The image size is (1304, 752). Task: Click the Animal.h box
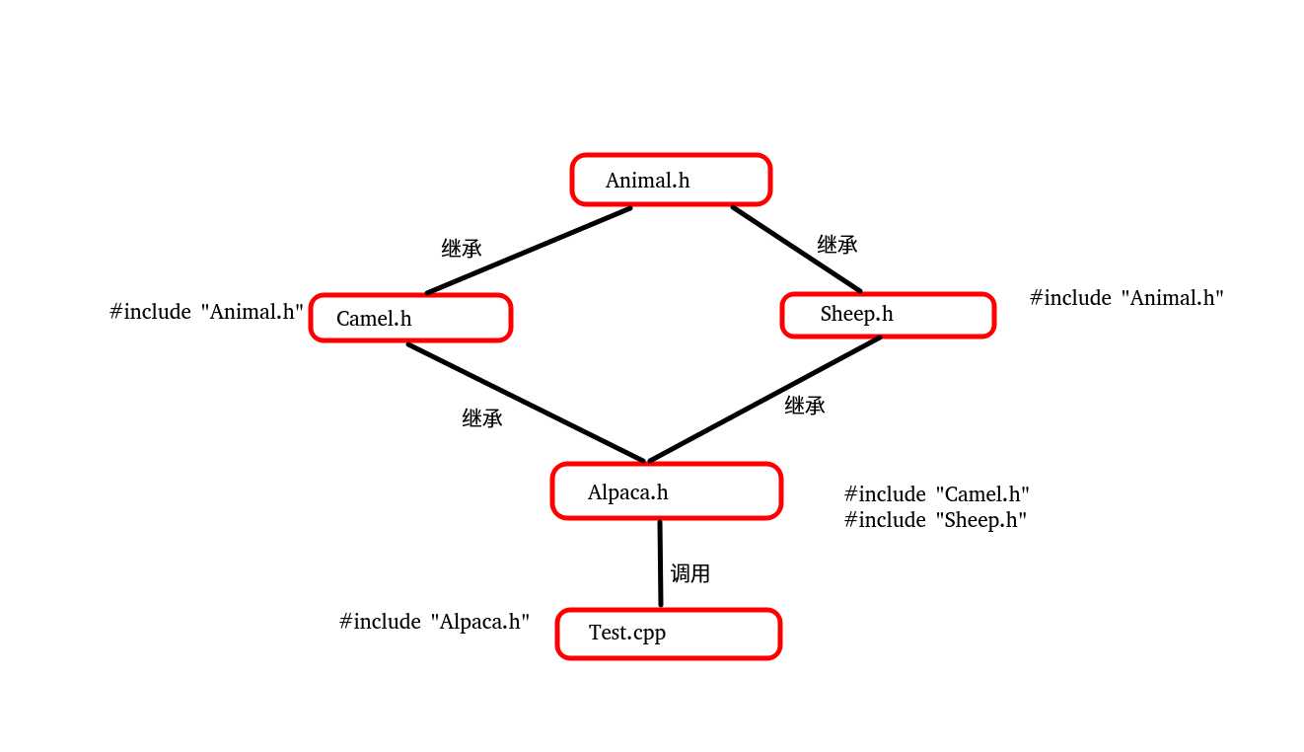click(671, 180)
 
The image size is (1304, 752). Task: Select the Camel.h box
click(410, 318)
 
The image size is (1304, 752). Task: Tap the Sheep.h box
click(888, 315)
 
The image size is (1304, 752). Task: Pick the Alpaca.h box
click(667, 490)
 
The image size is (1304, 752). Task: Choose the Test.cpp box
click(669, 634)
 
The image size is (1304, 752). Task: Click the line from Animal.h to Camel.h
click(529, 251)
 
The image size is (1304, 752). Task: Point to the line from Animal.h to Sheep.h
click(796, 249)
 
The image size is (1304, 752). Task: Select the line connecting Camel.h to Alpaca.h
click(527, 403)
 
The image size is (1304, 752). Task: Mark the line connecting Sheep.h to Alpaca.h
click(764, 400)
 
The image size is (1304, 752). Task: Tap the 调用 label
click(690, 573)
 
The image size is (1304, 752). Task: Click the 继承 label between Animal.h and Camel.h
click(462, 249)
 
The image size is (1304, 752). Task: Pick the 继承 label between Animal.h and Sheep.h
click(837, 245)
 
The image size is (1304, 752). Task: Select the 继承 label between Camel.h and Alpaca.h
click(482, 418)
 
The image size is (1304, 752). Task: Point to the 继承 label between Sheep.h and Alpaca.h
click(805, 406)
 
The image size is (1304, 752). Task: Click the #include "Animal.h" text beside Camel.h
click(206, 312)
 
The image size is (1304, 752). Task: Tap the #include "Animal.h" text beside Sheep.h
click(1126, 298)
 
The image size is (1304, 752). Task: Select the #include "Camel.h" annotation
click(937, 494)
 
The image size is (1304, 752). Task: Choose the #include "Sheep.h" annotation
click(936, 520)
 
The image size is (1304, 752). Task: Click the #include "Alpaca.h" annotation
click(434, 622)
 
